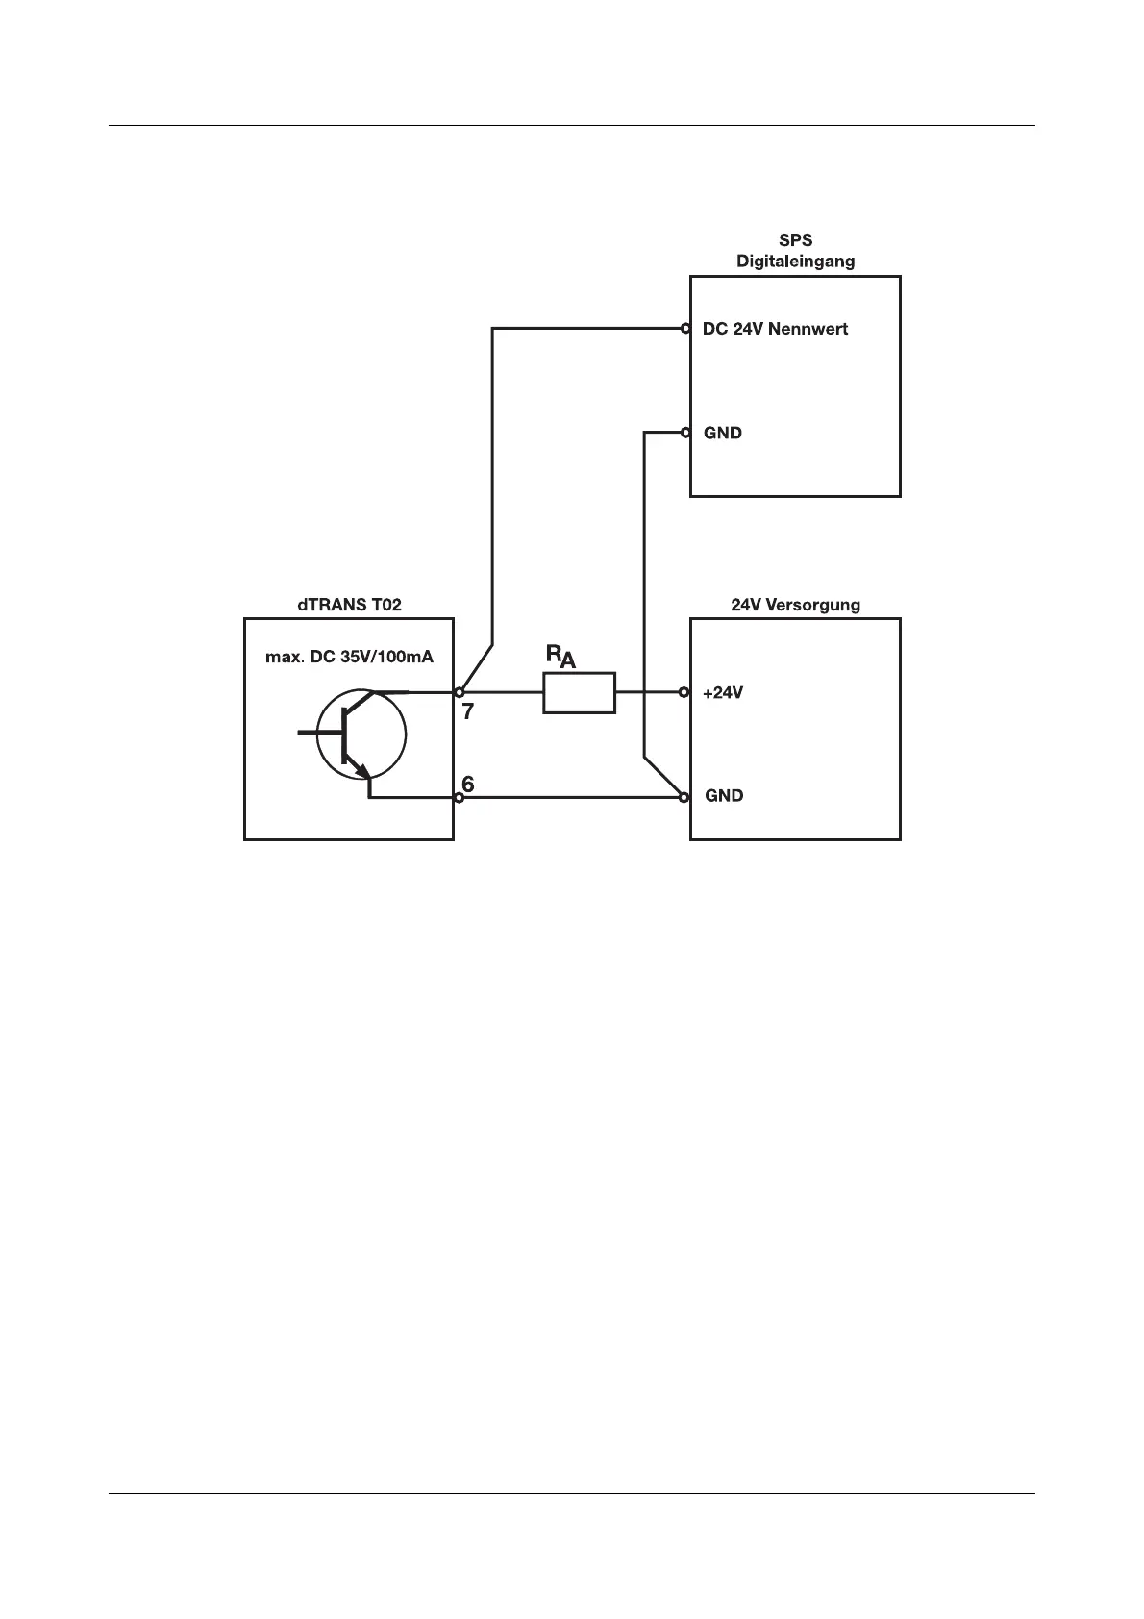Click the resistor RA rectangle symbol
pyautogui.click(x=579, y=692)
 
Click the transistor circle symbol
pyautogui.click(x=361, y=733)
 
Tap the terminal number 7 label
pyautogui.click(x=468, y=712)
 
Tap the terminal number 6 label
pyautogui.click(x=467, y=784)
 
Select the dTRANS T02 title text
pyautogui.click(x=349, y=605)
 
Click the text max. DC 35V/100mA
pyautogui.click(x=349, y=658)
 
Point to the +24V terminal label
pyautogui.click(x=723, y=692)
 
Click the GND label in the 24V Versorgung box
pyautogui.click(x=724, y=796)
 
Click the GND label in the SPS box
pyautogui.click(x=723, y=433)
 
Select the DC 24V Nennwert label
pyautogui.click(x=775, y=329)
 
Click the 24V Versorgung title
pyautogui.click(x=795, y=605)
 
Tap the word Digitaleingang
pyautogui.click(x=795, y=261)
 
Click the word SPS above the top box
pyautogui.click(x=795, y=240)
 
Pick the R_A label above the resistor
pyautogui.click(x=560, y=657)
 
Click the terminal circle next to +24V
pyautogui.click(x=684, y=692)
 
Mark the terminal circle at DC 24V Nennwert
pyautogui.click(x=685, y=329)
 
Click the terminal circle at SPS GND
pyautogui.click(x=685, y=433)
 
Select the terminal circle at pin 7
pyautogui.click(x=460, y=692)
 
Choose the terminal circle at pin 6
pyautogui.click(x=460, y=797)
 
